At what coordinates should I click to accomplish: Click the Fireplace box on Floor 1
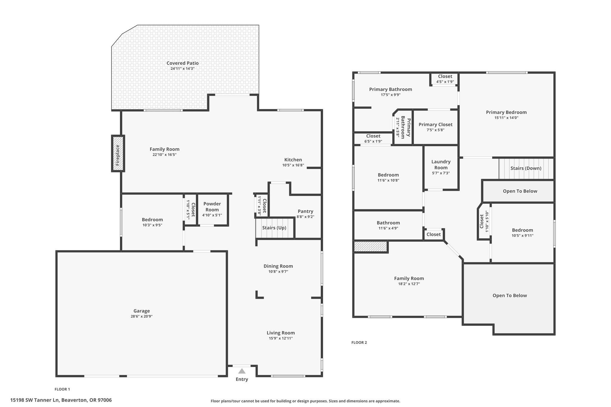click(118, 153)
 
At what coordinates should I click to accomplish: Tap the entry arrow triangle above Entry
click(242, 371)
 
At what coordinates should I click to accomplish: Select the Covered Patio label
click(183, 63)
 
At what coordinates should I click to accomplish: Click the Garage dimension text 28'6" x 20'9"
click(142, 316)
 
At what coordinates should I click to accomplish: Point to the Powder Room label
click(212, 207)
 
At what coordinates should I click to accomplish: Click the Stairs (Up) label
click(274, 228)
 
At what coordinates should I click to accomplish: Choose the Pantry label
click(305, 211)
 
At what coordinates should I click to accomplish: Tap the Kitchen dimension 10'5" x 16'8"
click(293, 165)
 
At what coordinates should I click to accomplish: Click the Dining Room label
click(278, 266)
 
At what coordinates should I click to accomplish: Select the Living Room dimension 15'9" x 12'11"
click(281, 338)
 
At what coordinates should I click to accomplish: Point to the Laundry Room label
click(441, 165)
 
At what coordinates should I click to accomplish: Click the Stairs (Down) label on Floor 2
click(526, 168)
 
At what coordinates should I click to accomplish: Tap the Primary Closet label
click(436, 125)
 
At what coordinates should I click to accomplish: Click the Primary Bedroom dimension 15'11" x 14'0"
click(506, 118)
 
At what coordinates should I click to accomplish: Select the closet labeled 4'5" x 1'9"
click(445, 79)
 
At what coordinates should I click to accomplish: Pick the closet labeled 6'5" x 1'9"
click(373, 139)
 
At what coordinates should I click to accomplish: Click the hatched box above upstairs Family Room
click(371, 247)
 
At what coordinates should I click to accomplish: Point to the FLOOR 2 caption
click(359, 343)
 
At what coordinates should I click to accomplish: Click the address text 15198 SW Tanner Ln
click(35, 400)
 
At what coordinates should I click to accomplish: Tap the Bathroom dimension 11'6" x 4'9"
click(388, 228)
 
